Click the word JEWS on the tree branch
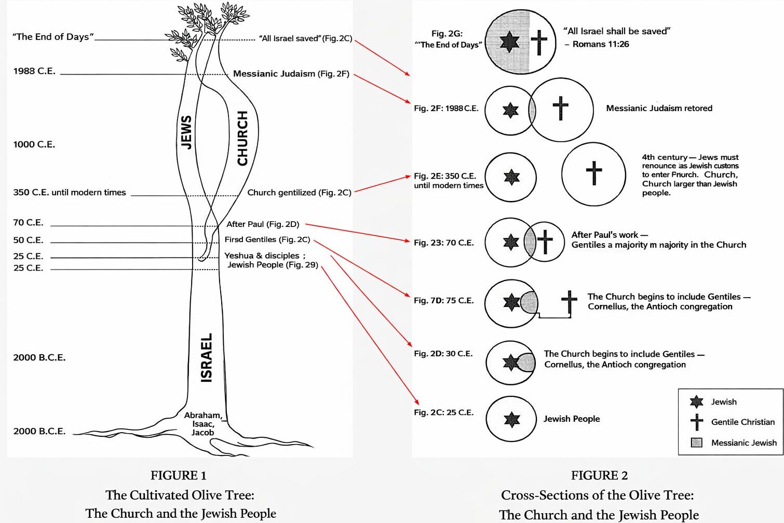click(186, 132)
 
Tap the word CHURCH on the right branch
click(242, 138)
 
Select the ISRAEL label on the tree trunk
click(206, 358)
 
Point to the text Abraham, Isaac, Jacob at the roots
click(203, 424)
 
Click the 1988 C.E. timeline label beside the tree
click(34, 71)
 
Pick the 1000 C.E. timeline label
click(34, 144)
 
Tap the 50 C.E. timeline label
click(28, 240)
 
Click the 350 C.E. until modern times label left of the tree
click(70, 193)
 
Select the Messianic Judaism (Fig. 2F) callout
click(291, 74)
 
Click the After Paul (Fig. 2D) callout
click(263, 224)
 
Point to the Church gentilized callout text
click(299, 193)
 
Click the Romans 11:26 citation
click(601, 44)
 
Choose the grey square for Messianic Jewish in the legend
click(697, 442)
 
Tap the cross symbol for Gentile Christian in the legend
click(697, 422)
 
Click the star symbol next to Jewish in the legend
click(697, 401)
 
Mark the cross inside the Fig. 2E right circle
click(594, 173)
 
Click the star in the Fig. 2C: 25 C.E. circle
click(512, 419)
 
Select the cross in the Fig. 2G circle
click(539, 42)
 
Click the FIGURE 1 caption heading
click(178, 475)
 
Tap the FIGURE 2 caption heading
click(599, 475)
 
